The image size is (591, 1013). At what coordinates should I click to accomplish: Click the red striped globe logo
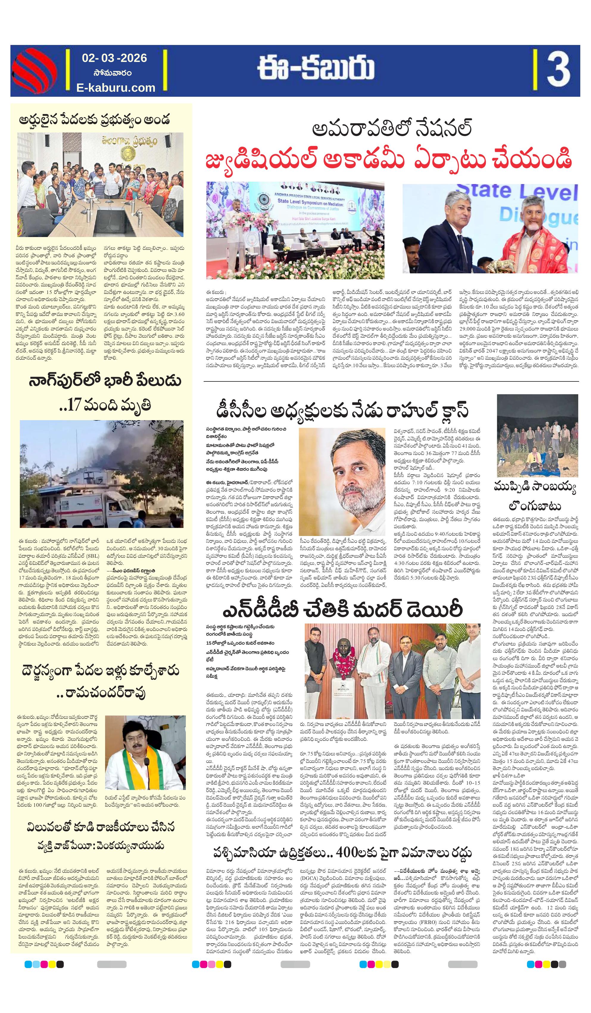[x=35, y=71]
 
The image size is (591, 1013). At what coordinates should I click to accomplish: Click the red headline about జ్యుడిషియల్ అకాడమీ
[x=388, y=160]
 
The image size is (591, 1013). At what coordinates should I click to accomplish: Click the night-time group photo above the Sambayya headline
[x=537, y=435]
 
